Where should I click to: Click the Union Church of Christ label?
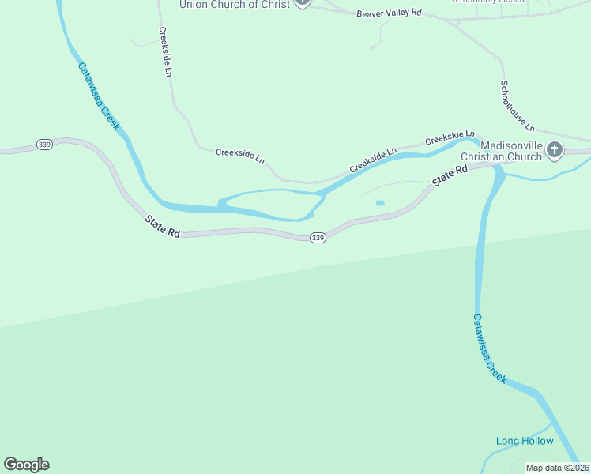click(x=235, y=5)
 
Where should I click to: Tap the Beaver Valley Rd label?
click(x=389, y=14)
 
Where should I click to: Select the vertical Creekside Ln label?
click(x=165, y=52)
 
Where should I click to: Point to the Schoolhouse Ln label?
click(x=518, y=106)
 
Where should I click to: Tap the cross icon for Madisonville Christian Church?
click(x=555, y=149)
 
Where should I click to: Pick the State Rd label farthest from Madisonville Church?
click(x=164, y=224)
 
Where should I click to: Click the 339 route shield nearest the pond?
click(x=318, y=238)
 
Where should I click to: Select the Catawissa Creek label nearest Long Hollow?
click(x=489, y=348)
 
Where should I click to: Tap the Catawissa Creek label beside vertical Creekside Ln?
click(x=99, y=96)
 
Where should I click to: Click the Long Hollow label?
click(x=525, y=441)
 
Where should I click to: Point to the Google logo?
click(x=26, y=465)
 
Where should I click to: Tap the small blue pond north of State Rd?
click(x=380, y=203)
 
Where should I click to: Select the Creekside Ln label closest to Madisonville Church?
click(x=450, y=138)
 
